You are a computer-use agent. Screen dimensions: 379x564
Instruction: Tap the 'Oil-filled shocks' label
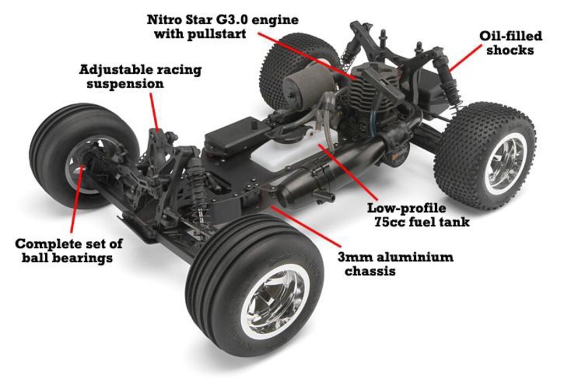(510, 43)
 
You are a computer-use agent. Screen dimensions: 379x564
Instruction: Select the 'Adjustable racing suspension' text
(140, 77)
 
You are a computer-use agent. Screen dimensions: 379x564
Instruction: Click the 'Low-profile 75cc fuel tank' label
(418, 215)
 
